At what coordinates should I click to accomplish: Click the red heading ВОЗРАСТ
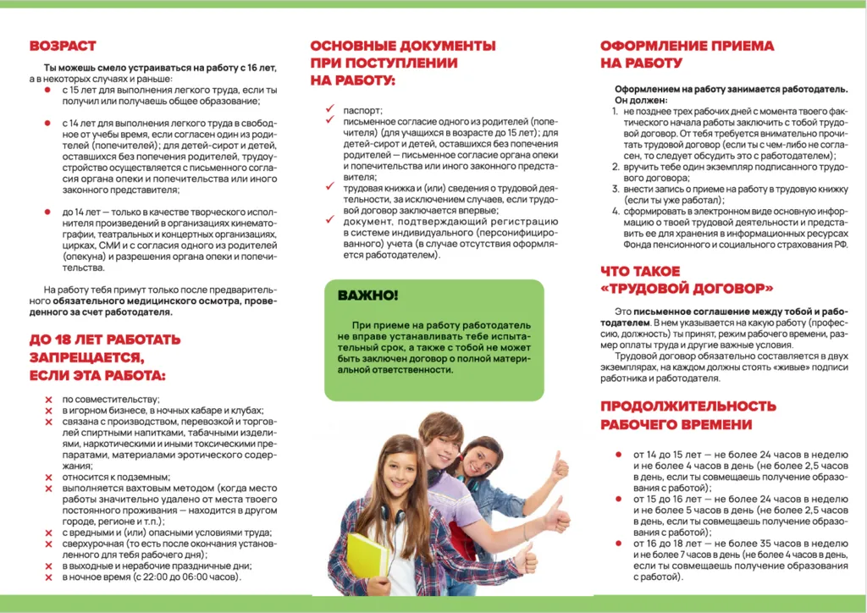coord(63,46)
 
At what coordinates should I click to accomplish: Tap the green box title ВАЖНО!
coord(367,295)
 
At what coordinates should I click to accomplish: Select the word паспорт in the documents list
coord(362,111)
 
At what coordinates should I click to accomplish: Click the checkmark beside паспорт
coord(329,110)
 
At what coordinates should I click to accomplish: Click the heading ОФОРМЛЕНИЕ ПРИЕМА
coord(687,47)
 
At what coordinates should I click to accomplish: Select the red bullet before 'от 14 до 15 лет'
coord(619,456)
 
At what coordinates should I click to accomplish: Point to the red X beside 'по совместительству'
coord(49,399)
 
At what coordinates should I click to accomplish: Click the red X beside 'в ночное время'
coord(49,577)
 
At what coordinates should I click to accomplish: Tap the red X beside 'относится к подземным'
coord(49,478)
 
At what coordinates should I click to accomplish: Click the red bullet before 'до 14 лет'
coord(48,212)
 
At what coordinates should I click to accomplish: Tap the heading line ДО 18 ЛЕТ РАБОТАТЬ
coord(105,340)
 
